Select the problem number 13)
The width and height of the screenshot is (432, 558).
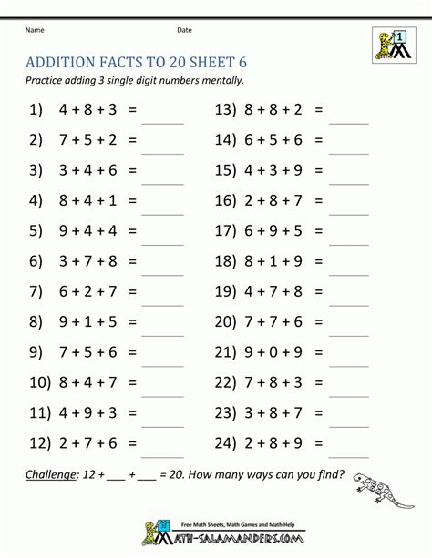[x=226, y=109]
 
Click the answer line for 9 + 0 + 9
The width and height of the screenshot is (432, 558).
[x=348, y=359]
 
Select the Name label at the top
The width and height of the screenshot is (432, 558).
[x=35, y=30]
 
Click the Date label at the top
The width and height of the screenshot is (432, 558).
[x=184, y=30]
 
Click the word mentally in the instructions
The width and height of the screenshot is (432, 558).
[x=218, y=80]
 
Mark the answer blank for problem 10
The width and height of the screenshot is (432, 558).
[x=163, y=390]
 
